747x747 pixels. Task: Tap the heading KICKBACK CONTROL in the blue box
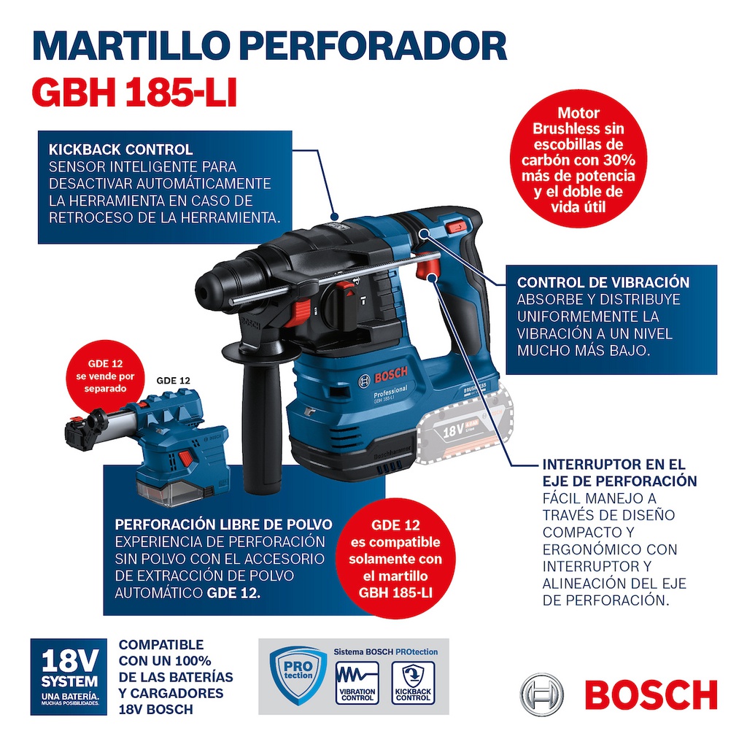tap(120, 150)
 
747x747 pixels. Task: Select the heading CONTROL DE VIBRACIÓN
tap(603, 282)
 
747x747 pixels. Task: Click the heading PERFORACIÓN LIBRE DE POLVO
tap(223, 525)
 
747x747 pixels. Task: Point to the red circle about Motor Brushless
tap(578, 160)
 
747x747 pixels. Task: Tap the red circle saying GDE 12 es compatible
tap(395, 559)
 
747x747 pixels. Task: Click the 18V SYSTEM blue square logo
tap(69, 676)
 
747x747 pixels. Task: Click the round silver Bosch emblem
tap(541, 694)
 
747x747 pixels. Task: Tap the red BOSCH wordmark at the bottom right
tap(651, 694)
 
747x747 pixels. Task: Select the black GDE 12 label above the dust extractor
tap(174, 381)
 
